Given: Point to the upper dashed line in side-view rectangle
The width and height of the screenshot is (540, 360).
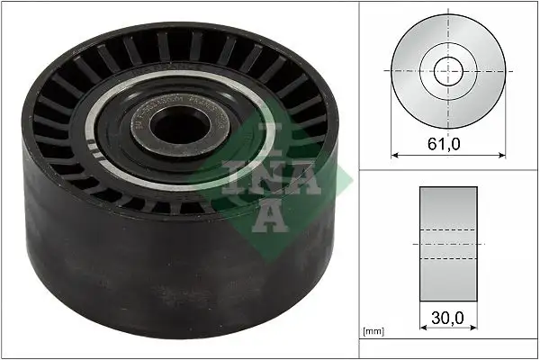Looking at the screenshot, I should pyautogui.click(x=448, y=230).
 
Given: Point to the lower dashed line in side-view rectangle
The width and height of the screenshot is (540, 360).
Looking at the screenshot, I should pyautogui.click(x=448, y=259).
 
